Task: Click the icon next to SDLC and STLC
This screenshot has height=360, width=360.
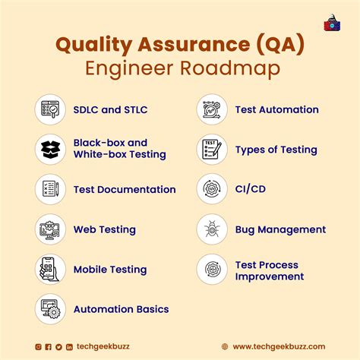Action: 50,110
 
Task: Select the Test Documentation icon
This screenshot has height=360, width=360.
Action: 50,190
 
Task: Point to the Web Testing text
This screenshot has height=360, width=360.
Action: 105,229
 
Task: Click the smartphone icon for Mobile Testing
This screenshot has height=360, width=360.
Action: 50,270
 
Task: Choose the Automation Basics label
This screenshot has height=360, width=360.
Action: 121,309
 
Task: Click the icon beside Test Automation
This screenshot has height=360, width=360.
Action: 212,110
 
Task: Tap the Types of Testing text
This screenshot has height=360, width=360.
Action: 276,150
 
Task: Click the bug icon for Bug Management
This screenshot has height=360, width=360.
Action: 212,229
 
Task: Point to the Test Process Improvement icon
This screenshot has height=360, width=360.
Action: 212,270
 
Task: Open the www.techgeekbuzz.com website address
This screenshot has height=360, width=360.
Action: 279,346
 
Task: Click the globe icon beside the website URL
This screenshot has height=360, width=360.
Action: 225,346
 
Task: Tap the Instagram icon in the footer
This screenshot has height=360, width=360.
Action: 39,346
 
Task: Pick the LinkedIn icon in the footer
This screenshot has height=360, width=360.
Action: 69,346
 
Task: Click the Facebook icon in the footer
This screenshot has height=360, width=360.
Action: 49,346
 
